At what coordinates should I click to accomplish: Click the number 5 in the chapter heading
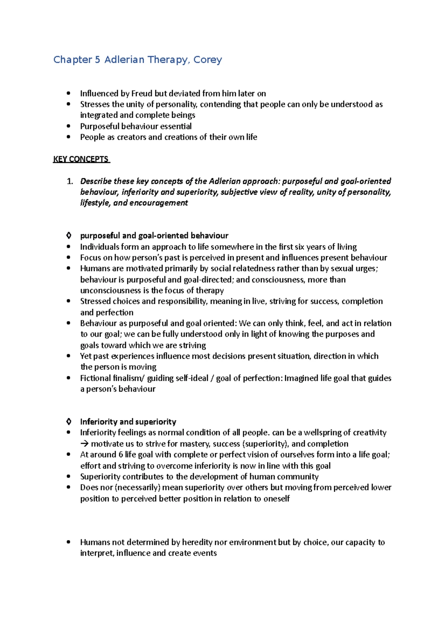click(97, 60)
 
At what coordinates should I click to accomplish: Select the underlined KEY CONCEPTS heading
click(81, 159)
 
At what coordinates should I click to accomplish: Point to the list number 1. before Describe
click(70, 181)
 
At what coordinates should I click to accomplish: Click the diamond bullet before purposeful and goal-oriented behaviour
click(69, 236)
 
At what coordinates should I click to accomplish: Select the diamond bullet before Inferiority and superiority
click(69, 422)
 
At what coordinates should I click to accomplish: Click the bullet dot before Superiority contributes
click(68, 477)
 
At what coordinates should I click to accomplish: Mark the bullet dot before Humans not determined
click(68, 542)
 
